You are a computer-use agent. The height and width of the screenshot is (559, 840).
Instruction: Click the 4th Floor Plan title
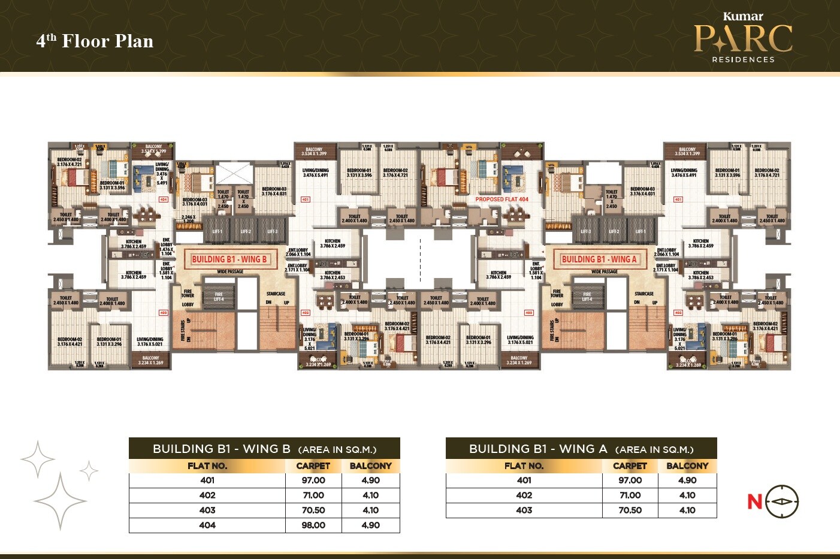point(95,41)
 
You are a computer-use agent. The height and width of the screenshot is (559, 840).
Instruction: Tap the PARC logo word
point(743,38)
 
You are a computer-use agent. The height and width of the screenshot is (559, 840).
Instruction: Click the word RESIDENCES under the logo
point(743,59)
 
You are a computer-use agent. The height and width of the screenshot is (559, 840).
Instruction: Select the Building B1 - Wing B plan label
point(229,259)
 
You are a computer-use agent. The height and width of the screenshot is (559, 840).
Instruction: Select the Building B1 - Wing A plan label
point(599,259)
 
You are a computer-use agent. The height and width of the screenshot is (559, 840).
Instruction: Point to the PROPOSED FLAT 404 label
point(501,199)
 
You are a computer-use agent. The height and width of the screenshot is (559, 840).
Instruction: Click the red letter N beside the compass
point(754,501)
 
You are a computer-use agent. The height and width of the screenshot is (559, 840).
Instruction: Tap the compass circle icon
point(782,501)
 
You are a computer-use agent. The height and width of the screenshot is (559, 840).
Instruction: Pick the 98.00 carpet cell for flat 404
point(313,525)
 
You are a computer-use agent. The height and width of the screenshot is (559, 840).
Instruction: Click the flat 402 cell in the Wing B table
point(207,495)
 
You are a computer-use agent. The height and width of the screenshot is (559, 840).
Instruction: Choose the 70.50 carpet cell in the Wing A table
point(630,510)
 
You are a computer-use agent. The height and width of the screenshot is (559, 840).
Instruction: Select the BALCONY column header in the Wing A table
point(687,466)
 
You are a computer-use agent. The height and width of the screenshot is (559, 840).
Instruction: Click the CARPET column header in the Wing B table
point(313,466)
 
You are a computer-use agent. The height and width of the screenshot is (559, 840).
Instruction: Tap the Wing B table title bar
point(264,449)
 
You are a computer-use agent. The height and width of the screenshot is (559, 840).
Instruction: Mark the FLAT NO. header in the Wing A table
point(524,466)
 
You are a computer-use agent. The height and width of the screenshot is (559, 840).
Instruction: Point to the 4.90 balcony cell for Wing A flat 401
point(687,480)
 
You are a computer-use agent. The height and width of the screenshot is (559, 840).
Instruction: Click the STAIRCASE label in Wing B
point(276,294)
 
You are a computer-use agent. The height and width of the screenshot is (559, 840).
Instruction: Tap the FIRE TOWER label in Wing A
point(557,293)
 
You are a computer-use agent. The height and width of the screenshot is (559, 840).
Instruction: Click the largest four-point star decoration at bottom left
point(60,501)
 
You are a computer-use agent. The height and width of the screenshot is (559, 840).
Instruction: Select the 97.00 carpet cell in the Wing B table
point(313,480)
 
